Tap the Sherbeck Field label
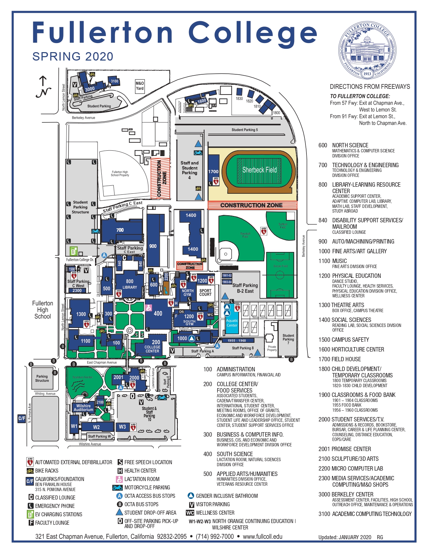259,170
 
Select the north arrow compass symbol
43,87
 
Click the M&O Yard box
140,86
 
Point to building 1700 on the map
213,171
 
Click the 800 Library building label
130,284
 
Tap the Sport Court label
205,292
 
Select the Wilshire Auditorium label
84,408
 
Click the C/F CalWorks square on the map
22,418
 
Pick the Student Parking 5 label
245,130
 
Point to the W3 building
123,427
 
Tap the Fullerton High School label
43,310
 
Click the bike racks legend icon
30,471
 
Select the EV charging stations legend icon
30,514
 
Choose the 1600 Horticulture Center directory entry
351,349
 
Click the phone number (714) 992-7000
215,536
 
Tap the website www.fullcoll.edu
263,536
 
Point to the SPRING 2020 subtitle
73,57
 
